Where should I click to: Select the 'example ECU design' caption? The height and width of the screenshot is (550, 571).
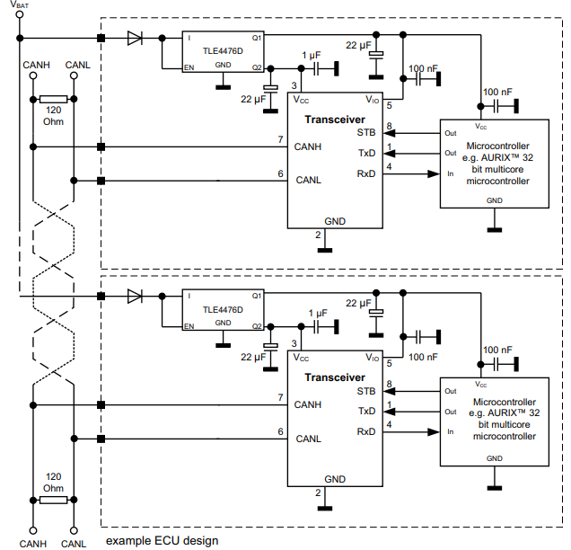pos(162,540)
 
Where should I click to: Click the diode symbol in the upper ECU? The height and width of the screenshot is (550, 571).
pos(135,38)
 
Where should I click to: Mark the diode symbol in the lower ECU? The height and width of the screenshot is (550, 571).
pos(135,296)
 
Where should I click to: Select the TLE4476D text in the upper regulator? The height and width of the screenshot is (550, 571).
pos(223,51)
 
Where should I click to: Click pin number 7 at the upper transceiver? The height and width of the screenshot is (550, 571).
pos(280,139)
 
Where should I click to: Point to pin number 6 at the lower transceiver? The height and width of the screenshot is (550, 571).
pos(280,431)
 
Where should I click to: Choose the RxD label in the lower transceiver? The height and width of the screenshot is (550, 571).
pos(366,431)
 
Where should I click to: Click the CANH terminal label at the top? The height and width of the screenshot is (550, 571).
pos(34,64)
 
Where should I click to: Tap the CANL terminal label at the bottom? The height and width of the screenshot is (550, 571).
pos(75,543)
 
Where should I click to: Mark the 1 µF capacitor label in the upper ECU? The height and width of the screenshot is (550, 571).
pos(312,56)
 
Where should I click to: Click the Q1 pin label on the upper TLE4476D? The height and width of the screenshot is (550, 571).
pos(257,38)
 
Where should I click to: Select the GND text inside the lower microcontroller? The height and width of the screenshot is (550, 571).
pos(495,458)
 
